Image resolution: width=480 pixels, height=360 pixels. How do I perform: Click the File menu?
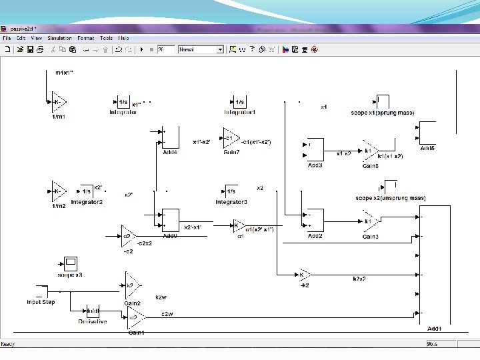point(7,38)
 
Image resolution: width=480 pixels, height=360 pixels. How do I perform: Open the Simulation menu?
point(59,38)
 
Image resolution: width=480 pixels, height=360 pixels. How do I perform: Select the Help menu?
point(124,38)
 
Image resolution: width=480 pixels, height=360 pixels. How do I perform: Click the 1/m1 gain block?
point(59,103)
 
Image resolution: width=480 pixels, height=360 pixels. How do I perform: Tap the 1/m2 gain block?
point(59,191)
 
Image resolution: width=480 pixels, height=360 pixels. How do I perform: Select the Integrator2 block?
point(86,191)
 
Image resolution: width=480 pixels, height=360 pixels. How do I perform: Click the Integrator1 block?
point(239,102)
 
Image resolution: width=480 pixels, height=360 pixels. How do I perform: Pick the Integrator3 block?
point(231,191)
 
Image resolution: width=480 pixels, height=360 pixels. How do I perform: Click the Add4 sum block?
point(170,138)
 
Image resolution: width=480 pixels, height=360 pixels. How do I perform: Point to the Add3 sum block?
point(313,149)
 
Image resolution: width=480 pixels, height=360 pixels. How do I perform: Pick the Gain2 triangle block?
point(132,285)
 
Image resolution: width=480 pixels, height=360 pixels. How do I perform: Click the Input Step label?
point(41,302)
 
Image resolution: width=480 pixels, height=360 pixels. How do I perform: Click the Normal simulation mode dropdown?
point(201,49)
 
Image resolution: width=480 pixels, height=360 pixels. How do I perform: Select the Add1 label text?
point(434,328)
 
